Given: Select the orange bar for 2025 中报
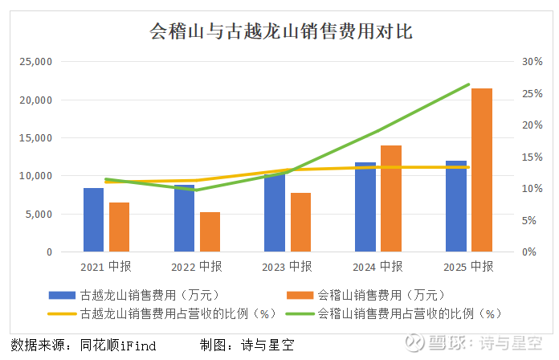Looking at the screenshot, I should [481, 170].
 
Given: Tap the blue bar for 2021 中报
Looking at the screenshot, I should [93, 220].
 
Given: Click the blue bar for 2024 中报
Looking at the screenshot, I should [365, 207].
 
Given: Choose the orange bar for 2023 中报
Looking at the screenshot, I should [300, 223].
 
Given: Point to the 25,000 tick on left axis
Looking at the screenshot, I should [35, 62].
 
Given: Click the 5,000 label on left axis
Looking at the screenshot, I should [39, 215].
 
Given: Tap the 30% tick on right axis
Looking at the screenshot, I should [532, 62].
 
